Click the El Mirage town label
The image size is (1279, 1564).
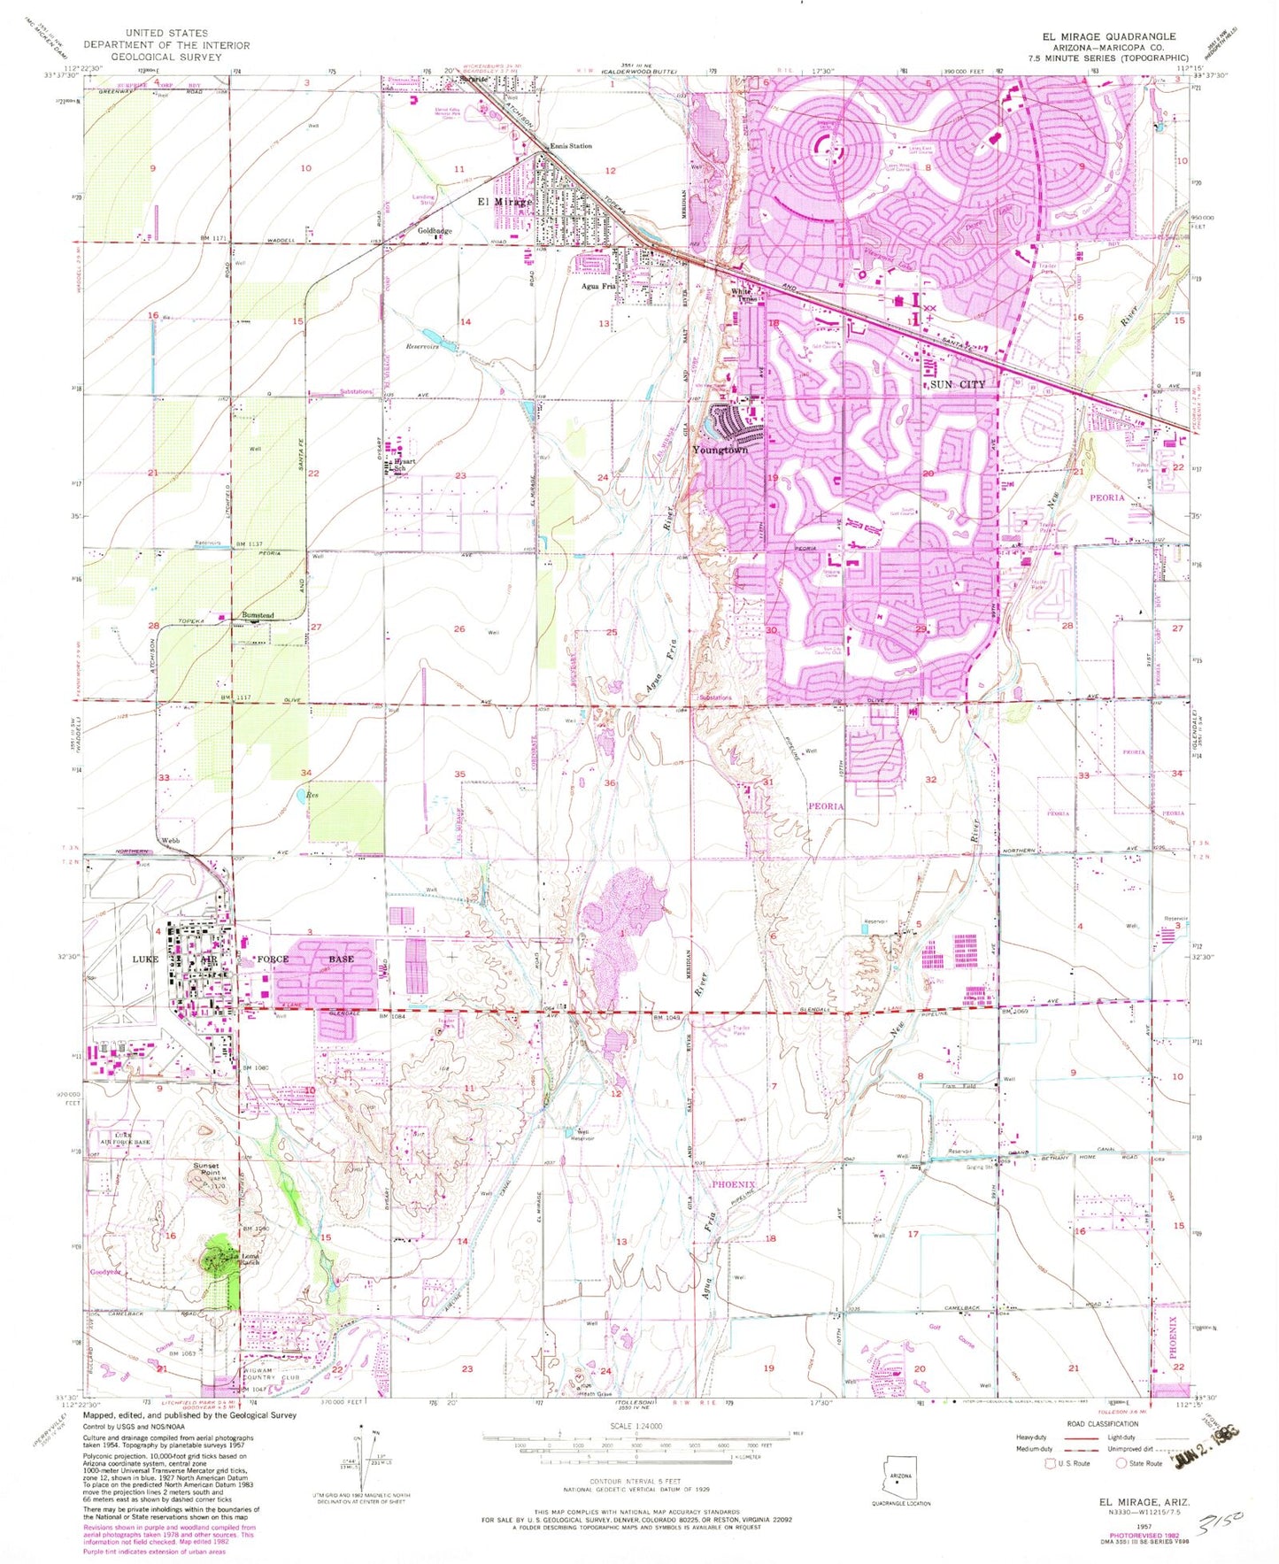pyautogui.click(x=505, y=202)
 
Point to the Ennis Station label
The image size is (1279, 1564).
pyautogui.click(x=571, y=146)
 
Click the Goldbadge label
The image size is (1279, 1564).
pyautogui.click(x=435, y=231)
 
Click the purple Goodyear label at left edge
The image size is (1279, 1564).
pyautogui.click(x=104, y=1272)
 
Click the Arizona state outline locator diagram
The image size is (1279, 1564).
pyautogui.click(x=900, y=1479)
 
